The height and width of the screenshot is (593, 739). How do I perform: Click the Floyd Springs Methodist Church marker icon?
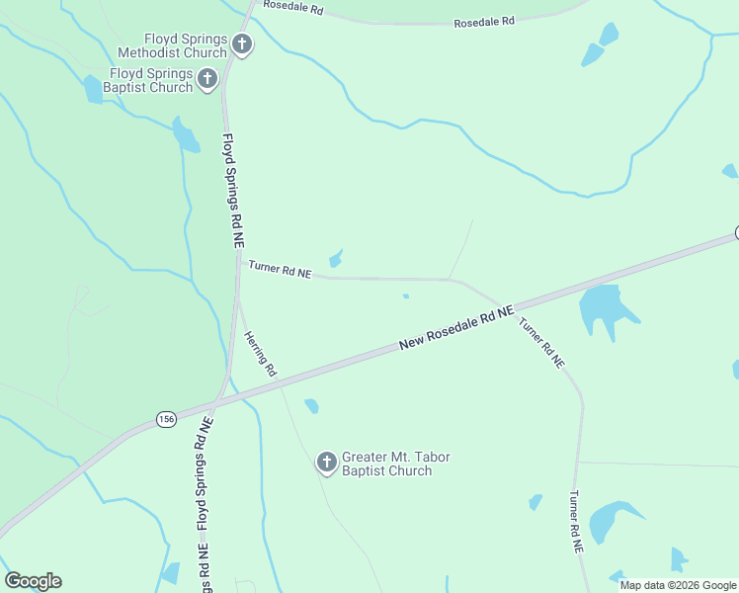[242, 44]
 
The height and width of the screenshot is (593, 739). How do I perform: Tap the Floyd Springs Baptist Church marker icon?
[207, 80]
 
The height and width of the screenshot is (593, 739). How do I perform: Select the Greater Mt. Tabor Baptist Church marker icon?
[327, 462]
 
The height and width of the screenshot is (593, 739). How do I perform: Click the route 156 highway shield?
[167, 420]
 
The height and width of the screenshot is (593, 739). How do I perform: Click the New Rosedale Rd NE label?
[456, 329]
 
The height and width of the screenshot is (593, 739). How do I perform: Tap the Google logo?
[33, 581]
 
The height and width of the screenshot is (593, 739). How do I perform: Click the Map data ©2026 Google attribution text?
[678, 585]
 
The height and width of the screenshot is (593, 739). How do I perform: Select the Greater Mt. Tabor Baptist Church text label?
[386, 465]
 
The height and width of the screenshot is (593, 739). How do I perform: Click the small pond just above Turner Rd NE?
[336, 259]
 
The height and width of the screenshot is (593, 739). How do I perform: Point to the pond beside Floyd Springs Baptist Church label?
[93, 90]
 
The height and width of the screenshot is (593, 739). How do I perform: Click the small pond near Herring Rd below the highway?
[312, 405]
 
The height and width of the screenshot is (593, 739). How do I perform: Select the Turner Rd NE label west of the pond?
[280, 269]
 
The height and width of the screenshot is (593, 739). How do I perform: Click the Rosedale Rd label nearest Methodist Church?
[292, 9]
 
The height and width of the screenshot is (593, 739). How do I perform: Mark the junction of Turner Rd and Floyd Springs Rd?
[239, 262]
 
